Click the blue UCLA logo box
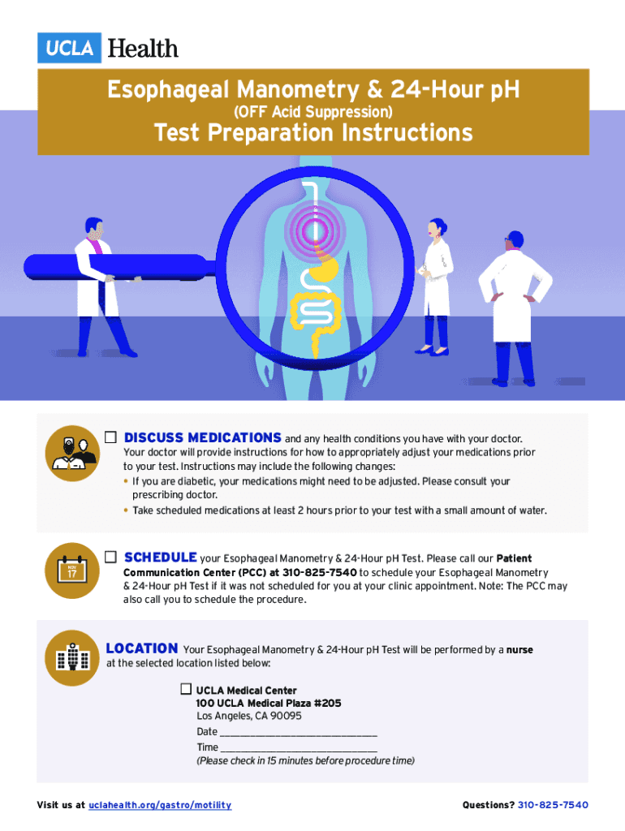pyautogui.click(x=69, y=48)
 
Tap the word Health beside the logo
pyautogui.click(x=143, y=48)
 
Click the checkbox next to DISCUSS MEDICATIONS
pyautogui.click(x=110, y=437)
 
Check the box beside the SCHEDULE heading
pyautogui.click(x=110, y=557)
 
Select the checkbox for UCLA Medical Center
pyautogui.click(x=186, y=689)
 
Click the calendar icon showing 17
pyautogui.click(x=72, y=571)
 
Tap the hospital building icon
pyautogui.click(x=72, y=657)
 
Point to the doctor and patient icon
pyautogui.click(x=72, y=453)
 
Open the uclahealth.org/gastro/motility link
pyautogui.click(x=160, y=805)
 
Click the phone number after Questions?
pyautogui.click(x=553, y=805)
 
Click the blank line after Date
pyautogui.click(x=299, y=735)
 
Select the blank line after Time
pyautogui.click(x=299, y=751)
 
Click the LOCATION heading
pyautogui.click(x=142, y=648)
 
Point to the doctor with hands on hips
pyautogui.click(x=515, y=308)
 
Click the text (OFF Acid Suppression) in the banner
pyautogui.click(x=313, y=112)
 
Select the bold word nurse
pyautogui.click(x=519, y=650)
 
